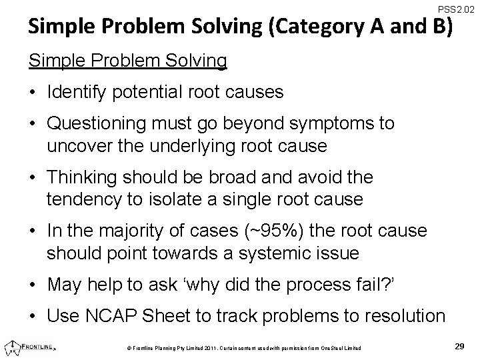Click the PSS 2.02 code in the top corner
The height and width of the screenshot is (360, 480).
coord(456,9)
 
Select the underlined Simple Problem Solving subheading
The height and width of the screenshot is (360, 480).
coord(127,61)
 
